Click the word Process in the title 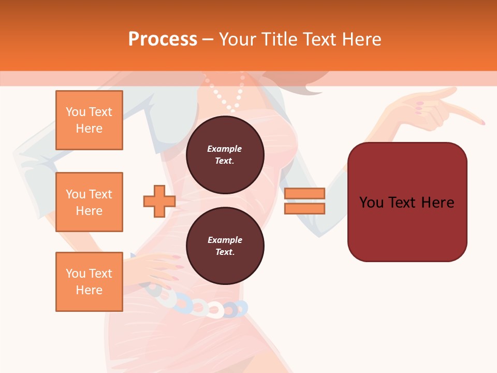pos(163,39)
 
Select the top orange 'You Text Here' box pos(89,120)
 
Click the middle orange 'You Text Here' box pos(89,202)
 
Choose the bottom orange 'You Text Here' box pos(89,282)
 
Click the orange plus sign pos(159,202)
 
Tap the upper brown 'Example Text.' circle pos(225,154)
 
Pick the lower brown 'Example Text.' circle pos(225,246)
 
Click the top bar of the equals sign pos(304,194)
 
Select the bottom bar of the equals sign pos(304,209)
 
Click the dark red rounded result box pos(407,202)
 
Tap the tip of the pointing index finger pos(483,123)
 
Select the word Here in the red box pos(437,203)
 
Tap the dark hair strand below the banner pos(313,90)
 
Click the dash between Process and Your pos(208,39)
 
